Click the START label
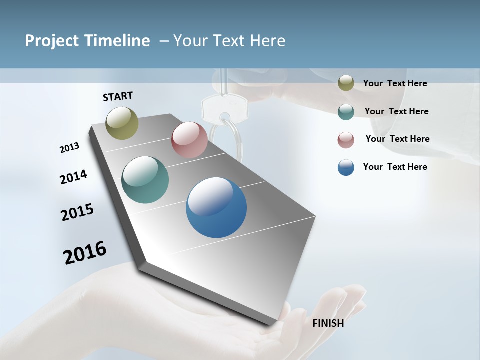click(x=118, y=96)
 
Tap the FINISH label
click(x=328, y=323)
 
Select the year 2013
click(x=69, y=148)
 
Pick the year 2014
click(x=73, y=177)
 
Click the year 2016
click(x=85, y=253)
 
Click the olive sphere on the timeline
click(x=122, y=123)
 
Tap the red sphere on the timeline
click(x=189, y=140)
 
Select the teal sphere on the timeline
click(x=145, y=180)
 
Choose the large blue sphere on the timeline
click(x=216, y=207)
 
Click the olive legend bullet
click(x=346, y=83)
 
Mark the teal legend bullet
click(x=346, y=111)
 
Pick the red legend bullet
click(x=346, y=139)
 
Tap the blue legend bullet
click(x=346, y=167)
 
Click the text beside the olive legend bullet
click(x=395, y=83)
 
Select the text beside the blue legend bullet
click(x=395, y=167)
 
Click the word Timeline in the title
click(x=117, y=41)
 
